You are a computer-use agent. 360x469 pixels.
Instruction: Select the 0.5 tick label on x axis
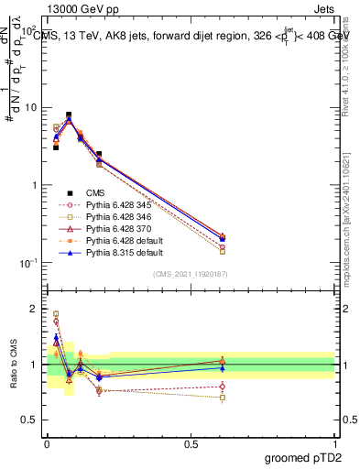click(x=191, y=442)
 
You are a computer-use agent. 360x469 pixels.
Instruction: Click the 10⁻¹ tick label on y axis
click(x=30, y=263)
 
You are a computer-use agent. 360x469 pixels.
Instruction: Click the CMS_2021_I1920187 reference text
click(x=191, y=276)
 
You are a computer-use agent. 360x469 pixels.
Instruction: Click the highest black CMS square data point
click(x=69, y=115)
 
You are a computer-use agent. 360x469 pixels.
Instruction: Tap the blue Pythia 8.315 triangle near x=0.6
click(x=223, y=239)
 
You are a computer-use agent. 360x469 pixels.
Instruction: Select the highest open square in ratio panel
click(x=56, y=313)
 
